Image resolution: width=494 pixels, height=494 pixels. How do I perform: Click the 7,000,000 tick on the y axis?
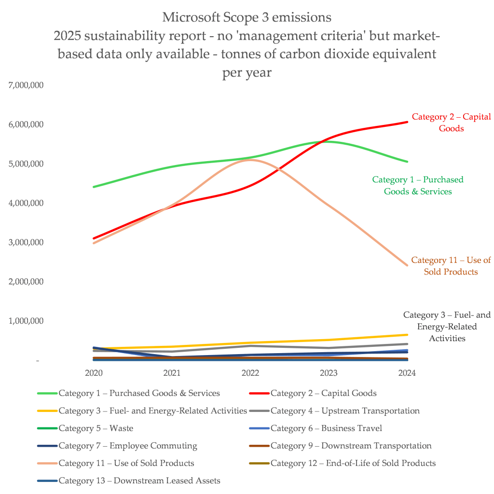pyautogui.click(x=27, y=85)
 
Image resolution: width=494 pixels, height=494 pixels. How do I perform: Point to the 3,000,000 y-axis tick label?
pyautogui.click(x=27, y=242)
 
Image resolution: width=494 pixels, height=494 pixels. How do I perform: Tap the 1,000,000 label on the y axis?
pyautogui.click(x=27, y=321)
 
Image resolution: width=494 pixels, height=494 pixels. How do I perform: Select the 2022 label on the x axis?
pyautogui.click(x=250, y=373)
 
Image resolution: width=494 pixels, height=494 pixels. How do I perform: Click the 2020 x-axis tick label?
pyautogui.click(x=93, y=373)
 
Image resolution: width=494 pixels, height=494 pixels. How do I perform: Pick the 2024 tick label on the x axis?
pyautogui.click(x=407, y=373)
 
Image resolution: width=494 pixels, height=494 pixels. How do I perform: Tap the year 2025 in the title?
pyautogui.click(x=68, y=36)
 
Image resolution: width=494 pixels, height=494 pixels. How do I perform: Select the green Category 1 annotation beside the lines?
pyautogui.click(x=418, y=185)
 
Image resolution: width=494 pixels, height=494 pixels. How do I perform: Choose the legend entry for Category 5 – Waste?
pyautogui.click(x=96, y=428)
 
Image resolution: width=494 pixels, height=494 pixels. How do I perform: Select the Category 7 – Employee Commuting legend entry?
pyautogui.click(x=127, y=445)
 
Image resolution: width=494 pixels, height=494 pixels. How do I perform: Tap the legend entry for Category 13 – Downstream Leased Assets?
pyautogui.click(x=139, y=480)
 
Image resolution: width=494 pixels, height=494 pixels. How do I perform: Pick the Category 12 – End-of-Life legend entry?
pyautogui.click(x=353, y=463)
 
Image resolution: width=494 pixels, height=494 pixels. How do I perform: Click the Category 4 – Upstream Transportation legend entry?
pyautogui.click(x=344, y=411)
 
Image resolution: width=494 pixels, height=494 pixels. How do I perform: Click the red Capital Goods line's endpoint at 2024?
pyautogui.click(x=407, y=122)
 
